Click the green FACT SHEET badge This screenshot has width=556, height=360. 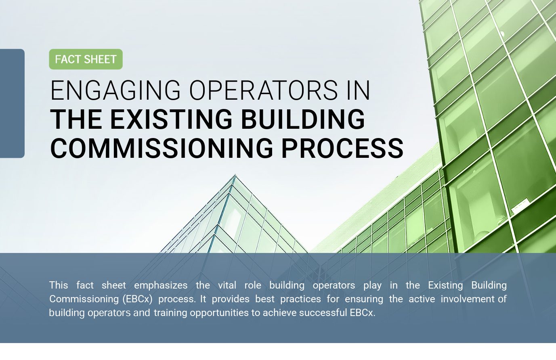pos(86,59)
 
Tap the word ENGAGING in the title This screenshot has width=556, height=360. pos(115,90)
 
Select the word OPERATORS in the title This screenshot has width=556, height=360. pos(264,90)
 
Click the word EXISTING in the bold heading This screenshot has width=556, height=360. pos(171,119)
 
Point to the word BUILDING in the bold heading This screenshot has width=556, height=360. pos(303,119)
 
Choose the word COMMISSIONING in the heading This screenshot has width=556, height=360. pos(162,148)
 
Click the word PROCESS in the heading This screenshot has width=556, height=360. pos(342,148)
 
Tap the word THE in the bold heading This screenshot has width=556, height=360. pos(76,119)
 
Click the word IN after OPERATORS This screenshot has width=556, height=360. pos(359,90)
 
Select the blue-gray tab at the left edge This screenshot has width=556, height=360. pos(12,103)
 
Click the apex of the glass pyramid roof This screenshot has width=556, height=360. pos(235,175)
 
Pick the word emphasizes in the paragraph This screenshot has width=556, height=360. pos(161,286)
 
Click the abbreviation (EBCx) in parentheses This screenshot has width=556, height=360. pos(137,299)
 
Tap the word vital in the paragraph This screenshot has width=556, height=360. pos(227,285)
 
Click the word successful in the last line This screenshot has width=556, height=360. pos(323,313)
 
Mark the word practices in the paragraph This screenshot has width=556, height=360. pos(300,299)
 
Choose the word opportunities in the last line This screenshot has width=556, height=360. pos(219,313)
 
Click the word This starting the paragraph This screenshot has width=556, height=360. pos(59,285)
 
